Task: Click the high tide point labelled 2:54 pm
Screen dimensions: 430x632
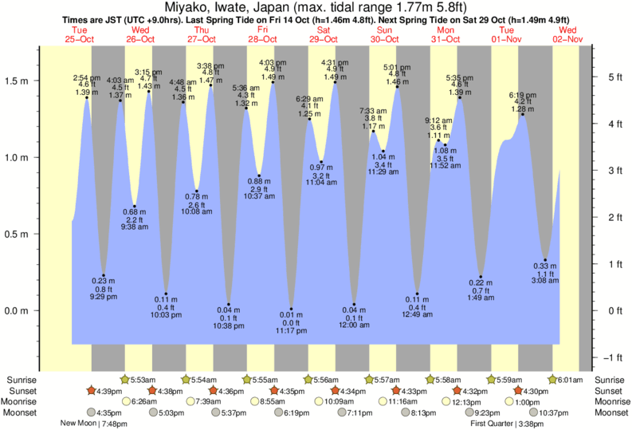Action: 87,98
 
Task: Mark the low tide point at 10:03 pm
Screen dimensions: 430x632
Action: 166,294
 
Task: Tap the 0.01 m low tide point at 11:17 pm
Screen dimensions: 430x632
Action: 291,309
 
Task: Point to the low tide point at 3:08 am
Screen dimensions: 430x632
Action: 545,259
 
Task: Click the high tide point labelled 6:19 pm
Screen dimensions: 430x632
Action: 523,115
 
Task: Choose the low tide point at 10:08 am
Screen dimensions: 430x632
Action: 196,191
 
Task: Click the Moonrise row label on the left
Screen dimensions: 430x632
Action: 20,402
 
